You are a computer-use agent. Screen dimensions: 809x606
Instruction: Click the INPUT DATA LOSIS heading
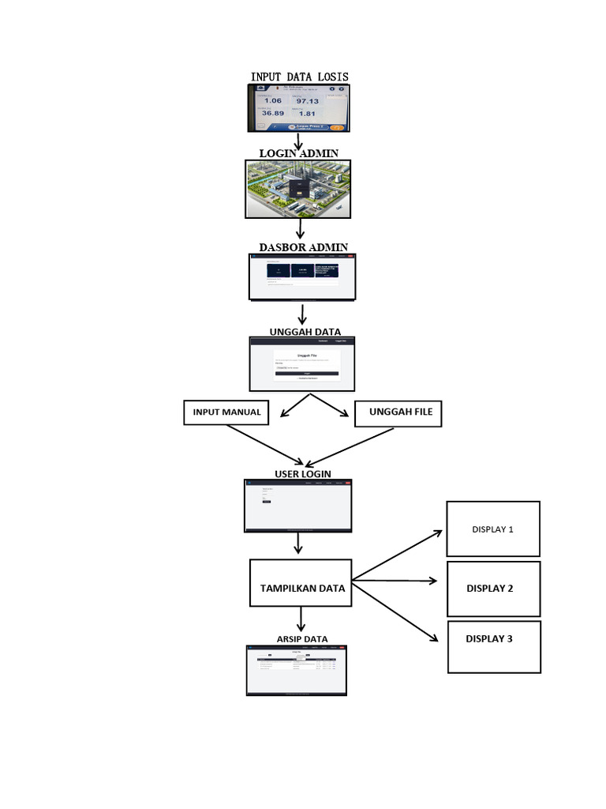tap(300, 77)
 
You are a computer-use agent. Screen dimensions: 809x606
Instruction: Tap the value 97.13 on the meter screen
tap(307, 101)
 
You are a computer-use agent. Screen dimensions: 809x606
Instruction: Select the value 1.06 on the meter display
tap(272, 101)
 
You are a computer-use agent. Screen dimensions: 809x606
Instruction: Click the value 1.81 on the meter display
tap(307, 114)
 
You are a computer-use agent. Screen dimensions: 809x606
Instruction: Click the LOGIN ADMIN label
tap(299, 152)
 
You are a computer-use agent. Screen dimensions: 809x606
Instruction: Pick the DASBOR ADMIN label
tap(303, 247)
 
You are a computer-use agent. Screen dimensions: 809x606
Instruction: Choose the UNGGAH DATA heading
tap(305, 332)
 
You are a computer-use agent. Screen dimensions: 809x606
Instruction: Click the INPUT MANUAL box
tap(226, 412)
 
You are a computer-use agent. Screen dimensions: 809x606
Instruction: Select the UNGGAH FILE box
tap(398, 412)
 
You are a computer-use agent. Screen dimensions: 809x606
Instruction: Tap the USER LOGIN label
tap(302, 473)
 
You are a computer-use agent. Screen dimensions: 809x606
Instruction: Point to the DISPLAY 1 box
tap(493, 529)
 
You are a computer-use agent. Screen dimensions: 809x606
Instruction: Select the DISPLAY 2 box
tap(493, 589)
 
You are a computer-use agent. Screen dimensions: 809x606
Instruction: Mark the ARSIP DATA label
tap(302, 638)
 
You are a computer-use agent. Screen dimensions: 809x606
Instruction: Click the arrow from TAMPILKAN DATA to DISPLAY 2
tap(394, 581)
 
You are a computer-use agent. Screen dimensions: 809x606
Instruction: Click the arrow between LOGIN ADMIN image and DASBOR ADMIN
tap(300, 228)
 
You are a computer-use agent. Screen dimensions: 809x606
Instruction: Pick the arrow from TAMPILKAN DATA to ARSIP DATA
tap(301, 619)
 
